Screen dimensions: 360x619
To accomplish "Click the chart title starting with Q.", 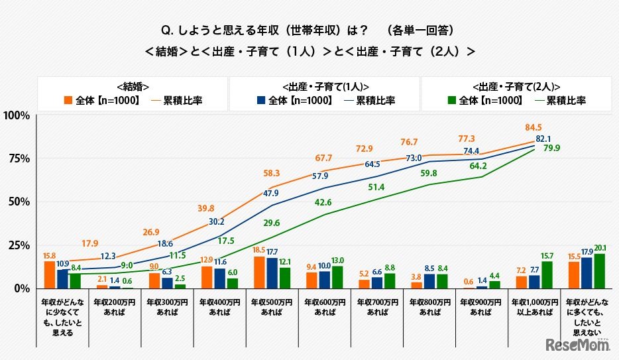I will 309,30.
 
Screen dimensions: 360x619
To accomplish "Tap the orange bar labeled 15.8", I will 49,274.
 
